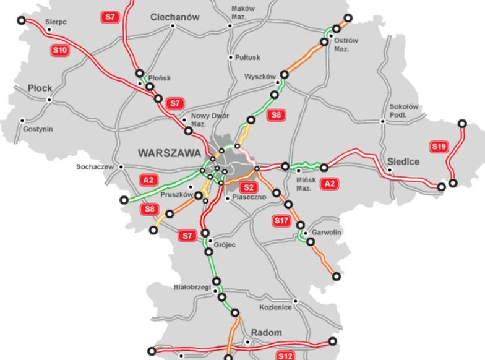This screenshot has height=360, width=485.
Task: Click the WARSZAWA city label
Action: [x=170, y=153]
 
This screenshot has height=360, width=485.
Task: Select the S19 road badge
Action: [x=439, y=147]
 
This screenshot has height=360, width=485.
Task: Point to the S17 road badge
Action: [x=281, y=220]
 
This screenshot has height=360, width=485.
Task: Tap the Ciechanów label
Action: [x=175, y=17]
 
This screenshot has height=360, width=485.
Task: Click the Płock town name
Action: [x=40, y=88]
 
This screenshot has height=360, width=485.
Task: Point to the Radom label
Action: [x=266, y=333]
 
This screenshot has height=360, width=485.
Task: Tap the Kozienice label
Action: [x=275, y=307]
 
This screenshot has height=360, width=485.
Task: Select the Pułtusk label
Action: [x=248, y=58]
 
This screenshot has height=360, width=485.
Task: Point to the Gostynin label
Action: [x=38, y=129]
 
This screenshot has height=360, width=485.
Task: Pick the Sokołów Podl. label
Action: [x=404, y=111]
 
